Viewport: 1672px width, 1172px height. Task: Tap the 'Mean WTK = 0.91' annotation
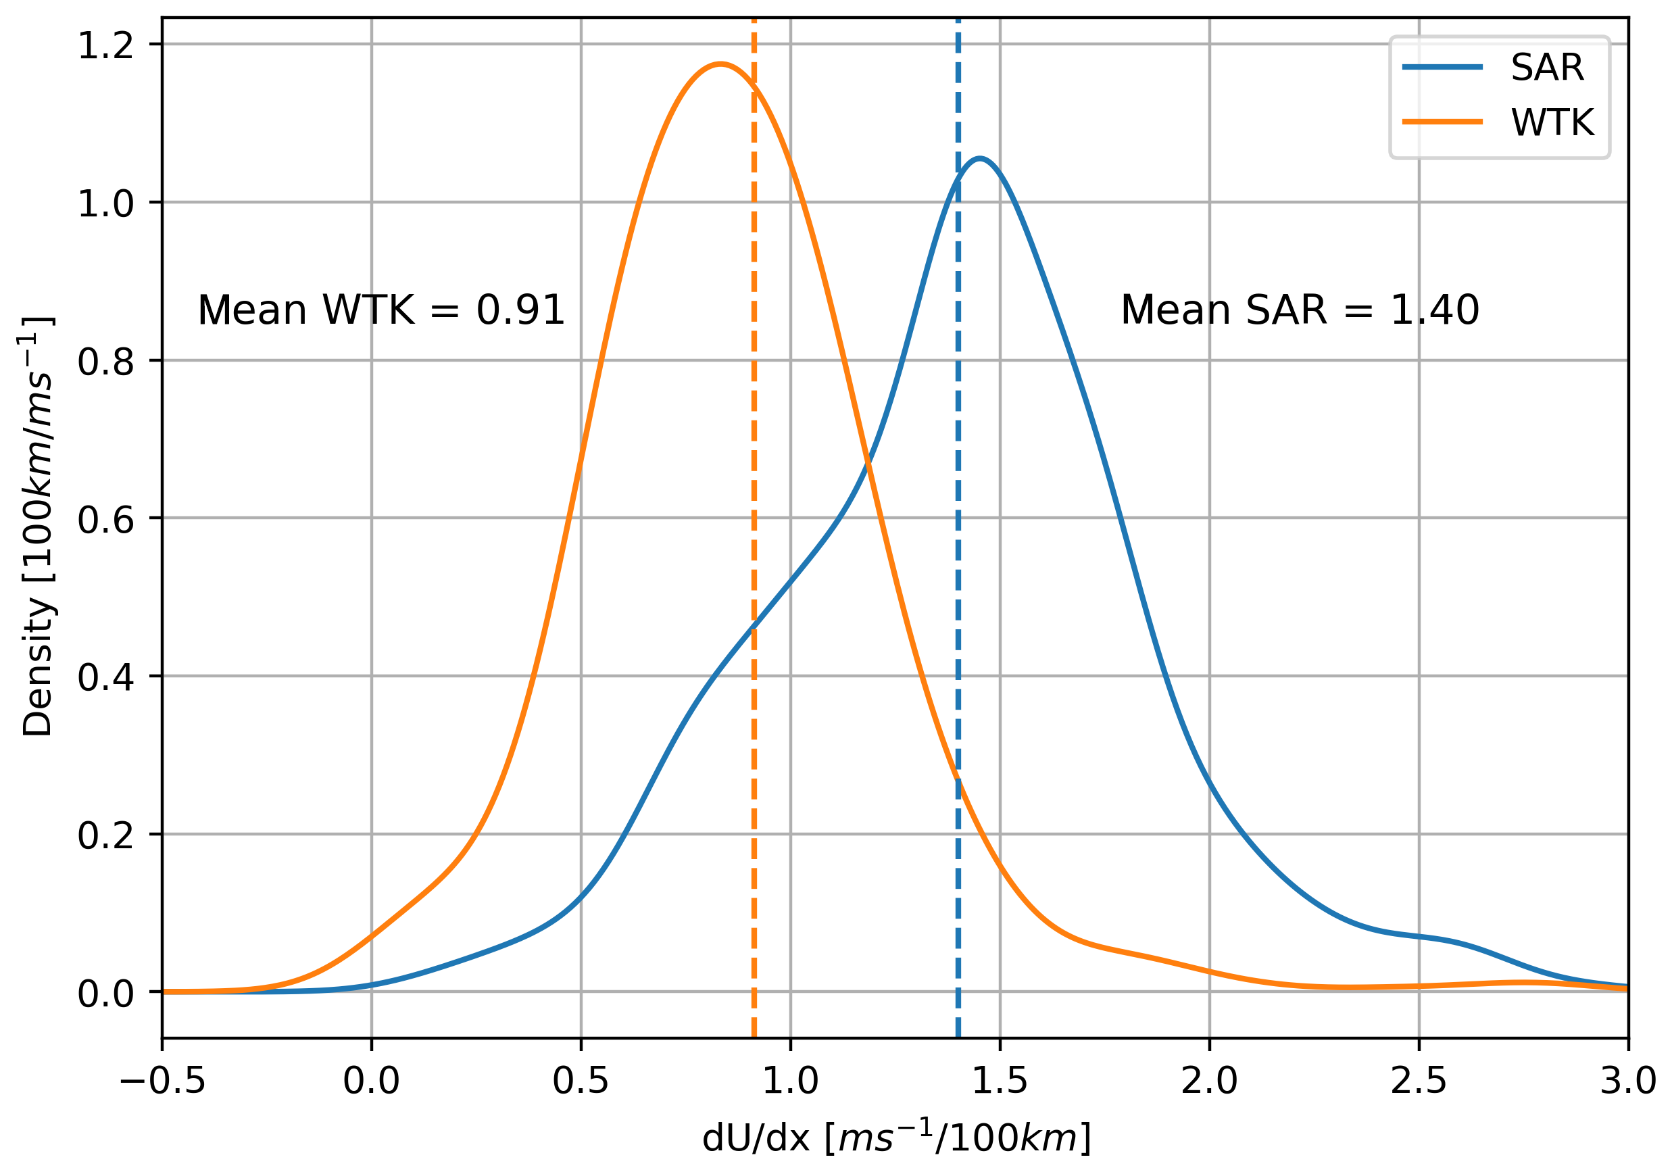[x=381, y=310]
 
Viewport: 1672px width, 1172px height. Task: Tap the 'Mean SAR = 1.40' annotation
[x=1299, y=310]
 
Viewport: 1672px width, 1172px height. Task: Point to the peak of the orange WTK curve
[x=720, y=64]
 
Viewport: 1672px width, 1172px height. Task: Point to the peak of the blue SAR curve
[x=980, y=158]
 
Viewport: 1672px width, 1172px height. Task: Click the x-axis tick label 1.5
[x=999, y=1081]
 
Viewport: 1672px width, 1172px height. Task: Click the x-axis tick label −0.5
[x=162, y=1081]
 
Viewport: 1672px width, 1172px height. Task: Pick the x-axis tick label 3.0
[x=1627, y=1081]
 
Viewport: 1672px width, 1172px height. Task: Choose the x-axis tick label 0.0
[x=372, y=1081]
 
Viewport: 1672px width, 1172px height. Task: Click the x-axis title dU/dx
[x=895, y=1138]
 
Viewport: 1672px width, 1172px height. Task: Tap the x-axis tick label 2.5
[x=1419, y=1081]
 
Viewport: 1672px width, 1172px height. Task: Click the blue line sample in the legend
[x=1443, y=67]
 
